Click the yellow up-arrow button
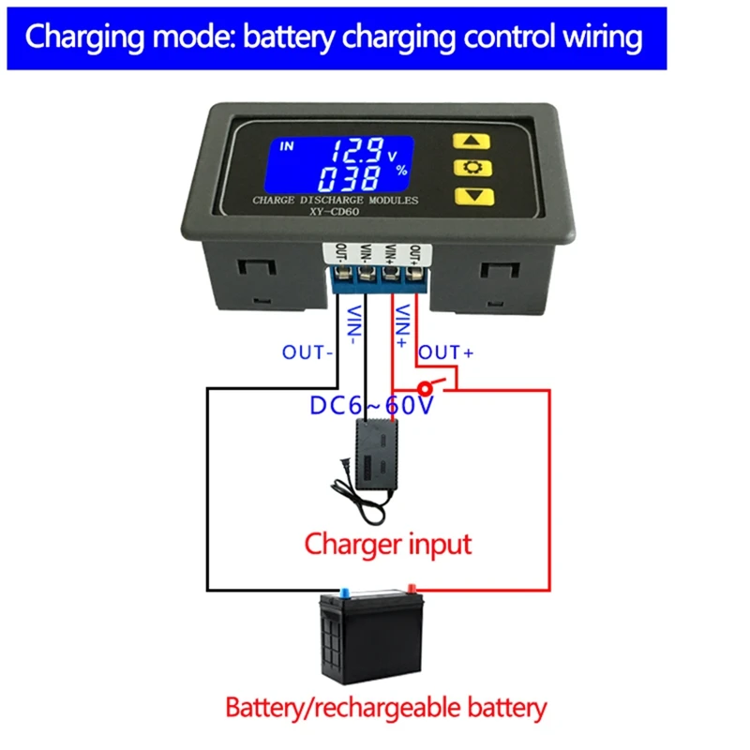(x=472, y=142)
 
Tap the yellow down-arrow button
(x=472, y=195)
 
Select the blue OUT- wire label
(x=308, y=353)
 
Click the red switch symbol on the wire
(x=427, y=386)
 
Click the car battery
(x=370, y=638)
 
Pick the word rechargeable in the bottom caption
(x=416, y=707)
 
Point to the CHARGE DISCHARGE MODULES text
(x=335, y=200)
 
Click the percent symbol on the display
(x=401, y=171)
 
